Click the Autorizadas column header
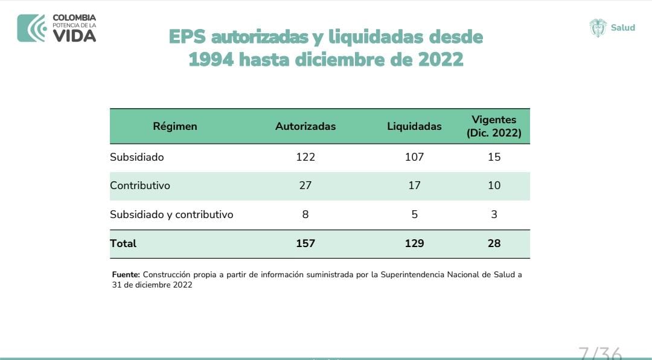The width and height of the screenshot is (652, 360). [x=305, y=126]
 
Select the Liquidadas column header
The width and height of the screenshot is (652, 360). [x=414, y=126]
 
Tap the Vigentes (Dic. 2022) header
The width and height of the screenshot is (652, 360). [x=494, y=126]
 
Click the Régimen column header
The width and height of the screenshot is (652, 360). [x=175, y=126]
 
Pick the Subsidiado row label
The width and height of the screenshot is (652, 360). [x=137, y=157]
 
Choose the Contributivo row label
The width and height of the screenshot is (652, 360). [x=140, y=185]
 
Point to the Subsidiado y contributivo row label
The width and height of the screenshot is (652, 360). [x=171, y=214]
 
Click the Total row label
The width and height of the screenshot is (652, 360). [x=123, y=243]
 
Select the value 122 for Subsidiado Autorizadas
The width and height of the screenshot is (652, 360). [x=305, y=157]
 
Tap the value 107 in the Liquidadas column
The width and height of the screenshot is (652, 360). [x=414, y=157]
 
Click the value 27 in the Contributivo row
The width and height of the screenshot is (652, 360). [x=305, y=185]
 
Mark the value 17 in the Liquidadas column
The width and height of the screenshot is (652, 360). [x=414, y=185]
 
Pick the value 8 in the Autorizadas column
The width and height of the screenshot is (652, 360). [x=305, y=214]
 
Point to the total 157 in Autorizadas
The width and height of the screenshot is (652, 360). [x=305, y=243]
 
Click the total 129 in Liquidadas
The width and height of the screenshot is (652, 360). [x=414, y=243]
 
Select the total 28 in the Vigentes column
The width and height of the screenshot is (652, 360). [x=494, y=243]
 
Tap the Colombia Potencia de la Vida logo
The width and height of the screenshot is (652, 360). [x=57, y=28]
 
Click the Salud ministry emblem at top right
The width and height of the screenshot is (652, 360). [x=598, y=28]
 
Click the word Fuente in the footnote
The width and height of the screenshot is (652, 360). [x=126, y=275]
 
